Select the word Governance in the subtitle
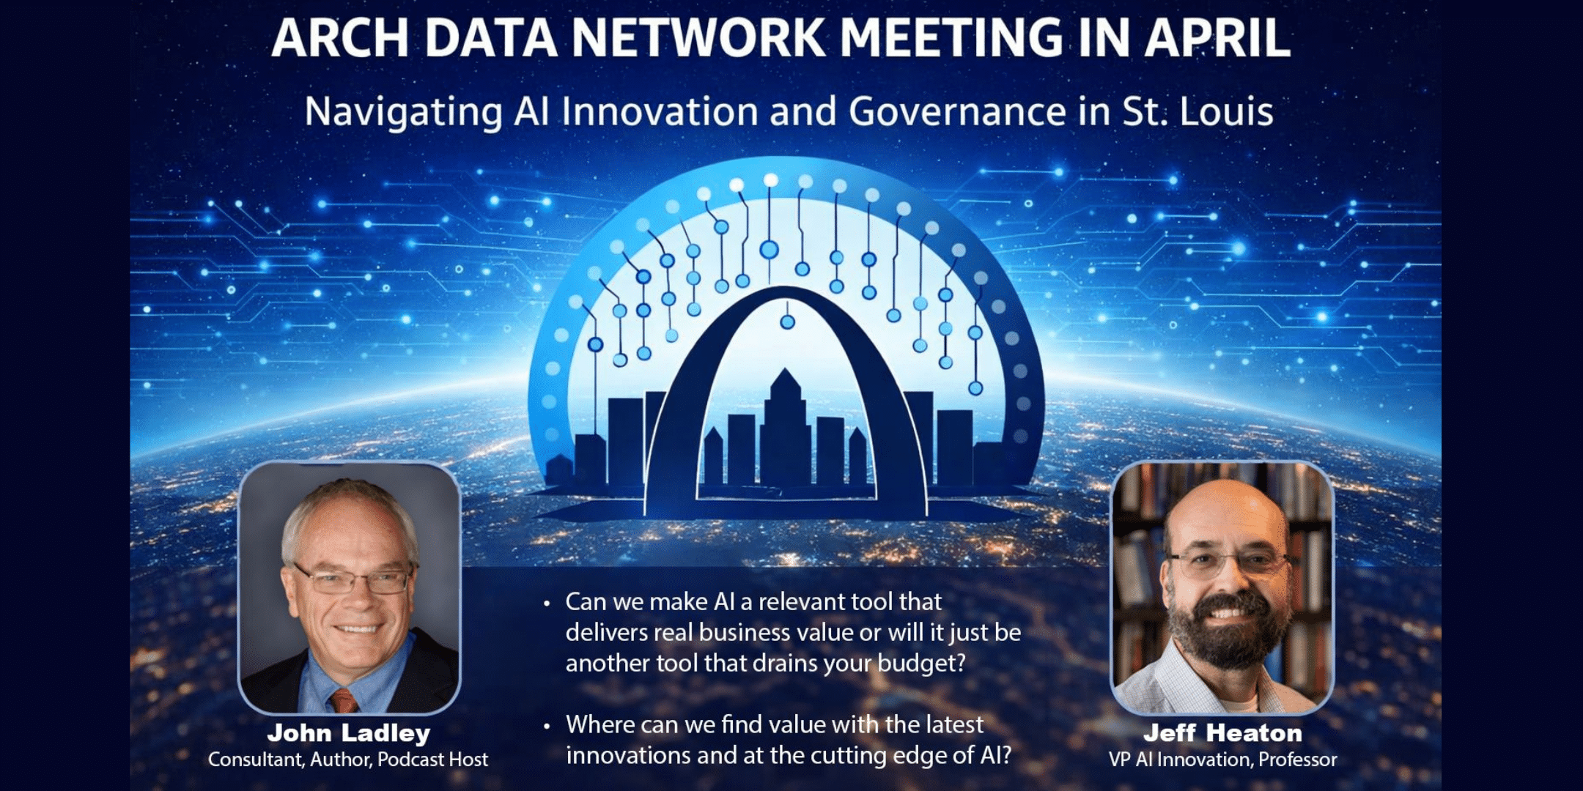click(x=957, y=112)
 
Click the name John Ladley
click(x=348, y=732)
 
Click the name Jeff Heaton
click(x=1222, y=732)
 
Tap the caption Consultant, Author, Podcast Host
click(x=348, y=760)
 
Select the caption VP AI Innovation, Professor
click(x=1222, y=760)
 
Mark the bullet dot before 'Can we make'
click(x=547, y=604)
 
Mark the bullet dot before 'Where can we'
click(x=547, y=727)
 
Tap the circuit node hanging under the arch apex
click(x=787, y=322)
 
